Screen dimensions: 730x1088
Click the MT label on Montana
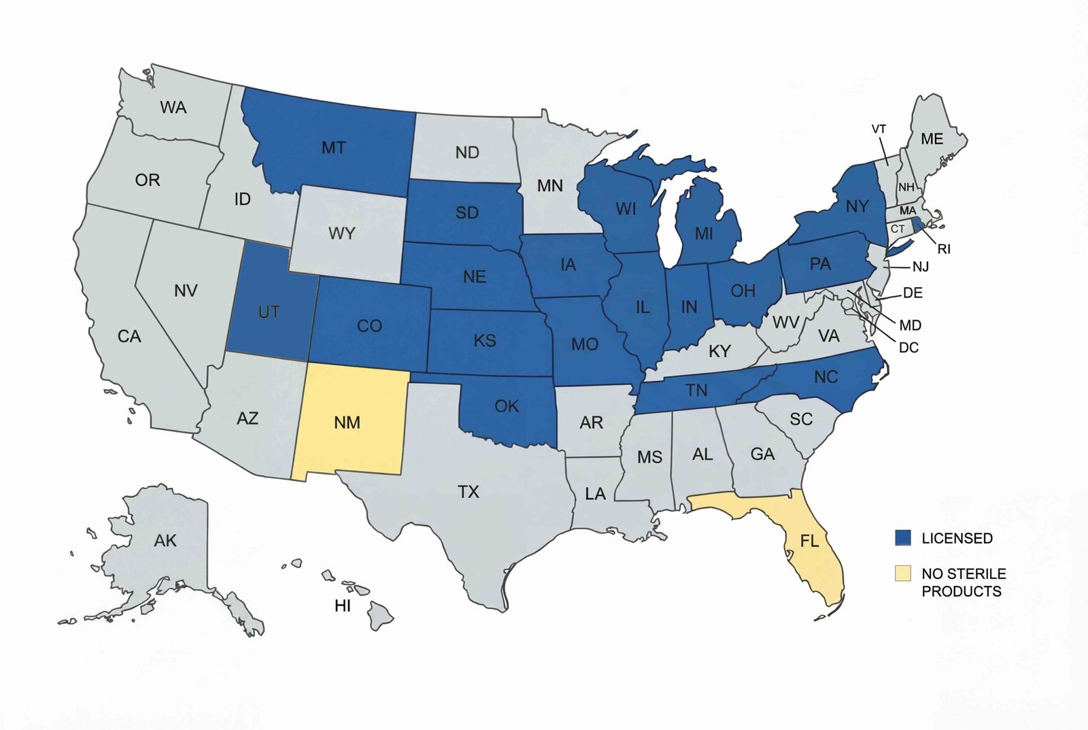[x=333, y=148]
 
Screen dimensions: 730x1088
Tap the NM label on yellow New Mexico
[x=347, y=422]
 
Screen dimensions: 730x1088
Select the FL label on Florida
[x=809, y=541]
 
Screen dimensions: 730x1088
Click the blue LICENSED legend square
[x=902, y=537]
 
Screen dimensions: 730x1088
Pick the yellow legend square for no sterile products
[x=902, y=573]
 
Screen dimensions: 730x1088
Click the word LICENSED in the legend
[x=957, y=538]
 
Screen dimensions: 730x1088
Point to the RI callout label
[x=944, y=249]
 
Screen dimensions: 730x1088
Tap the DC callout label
[x=908, y=348]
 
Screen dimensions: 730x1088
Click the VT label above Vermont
[x=879, y=129]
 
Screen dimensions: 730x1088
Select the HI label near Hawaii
[x=343, y=605]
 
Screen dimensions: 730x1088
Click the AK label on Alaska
[x=165, y=541]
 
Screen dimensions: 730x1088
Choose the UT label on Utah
[x=269, y=312]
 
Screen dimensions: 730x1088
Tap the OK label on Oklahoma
[x=507, y=406]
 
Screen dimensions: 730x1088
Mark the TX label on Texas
[x=468, y=491]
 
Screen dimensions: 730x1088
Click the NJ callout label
[x=920, y=267]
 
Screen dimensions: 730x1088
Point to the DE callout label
[x=913, y=293]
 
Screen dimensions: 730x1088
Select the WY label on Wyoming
[x=341, y=233]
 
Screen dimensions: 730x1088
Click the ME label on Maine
[x=932, y=139]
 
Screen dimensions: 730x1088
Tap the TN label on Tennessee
[x=696, y=390]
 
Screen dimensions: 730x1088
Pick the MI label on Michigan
[x=704, y=233]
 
